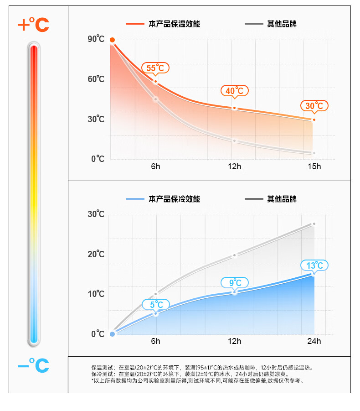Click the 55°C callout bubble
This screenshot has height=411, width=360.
(x=155, y=68)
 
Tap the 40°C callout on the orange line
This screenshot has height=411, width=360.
(x=235, y=91)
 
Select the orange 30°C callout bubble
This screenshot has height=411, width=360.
(x=314, y=106)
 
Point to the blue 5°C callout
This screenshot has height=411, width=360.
(x=156, y=304)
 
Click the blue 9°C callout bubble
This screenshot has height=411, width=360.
(x=235, y=283)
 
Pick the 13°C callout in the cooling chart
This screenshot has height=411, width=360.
(x=314, y=265)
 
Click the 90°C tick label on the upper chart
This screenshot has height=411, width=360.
(x=96, y=39)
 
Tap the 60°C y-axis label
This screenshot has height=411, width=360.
(x=96, y=79)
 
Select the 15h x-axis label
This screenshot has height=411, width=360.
(x=314, y=166)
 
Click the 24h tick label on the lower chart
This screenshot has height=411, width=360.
(x=314, y=341)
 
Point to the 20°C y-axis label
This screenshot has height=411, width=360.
(x=96, y=254)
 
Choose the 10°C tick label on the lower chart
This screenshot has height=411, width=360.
(x=96, y=294)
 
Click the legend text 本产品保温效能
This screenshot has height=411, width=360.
(x=174, y=24)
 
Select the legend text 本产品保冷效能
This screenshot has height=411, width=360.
(x=174, y=199)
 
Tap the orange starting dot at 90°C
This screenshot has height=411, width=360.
(x=112, y=40)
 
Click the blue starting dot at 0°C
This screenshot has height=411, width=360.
(x=113, y=334)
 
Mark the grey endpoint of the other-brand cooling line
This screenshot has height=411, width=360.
(x=314, y=224)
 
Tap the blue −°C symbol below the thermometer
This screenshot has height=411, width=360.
(x=33, y=365)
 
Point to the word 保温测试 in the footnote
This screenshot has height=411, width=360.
(x=101, y=367)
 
